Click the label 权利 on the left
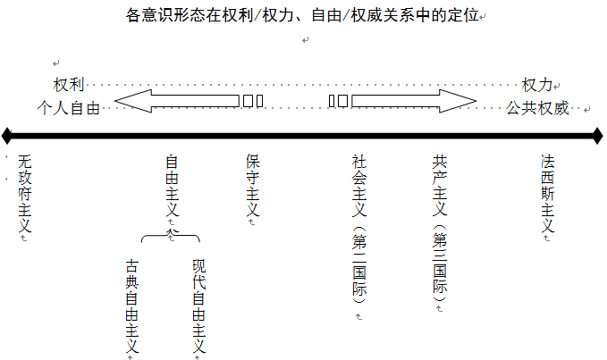(70, 86)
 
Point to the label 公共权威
(537, 109)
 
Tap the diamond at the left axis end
(7, 136)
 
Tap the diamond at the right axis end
(598, 136)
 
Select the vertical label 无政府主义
(24, 194)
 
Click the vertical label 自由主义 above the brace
(172, 186)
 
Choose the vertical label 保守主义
(252, 186)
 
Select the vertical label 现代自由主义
(198, 304)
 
